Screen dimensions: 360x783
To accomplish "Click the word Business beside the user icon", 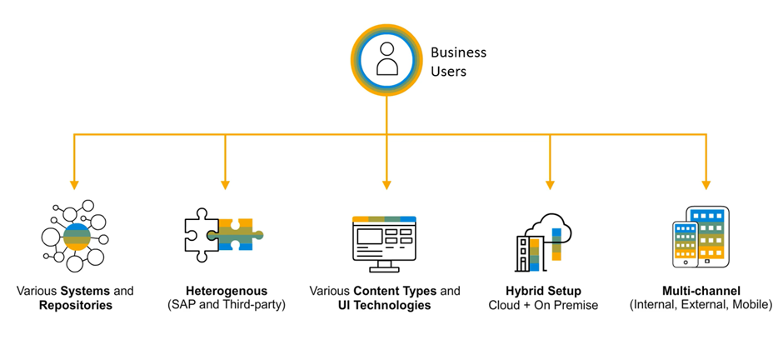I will tap(458, 52).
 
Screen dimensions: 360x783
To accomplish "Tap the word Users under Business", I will tap(448, 72).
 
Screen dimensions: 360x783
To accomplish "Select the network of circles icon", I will tap(74, 236).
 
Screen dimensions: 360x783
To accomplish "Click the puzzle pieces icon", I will tap(223, 234).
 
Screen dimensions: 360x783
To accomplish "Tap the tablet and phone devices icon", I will tap(701, 237).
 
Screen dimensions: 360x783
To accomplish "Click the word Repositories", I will tap(75, 306).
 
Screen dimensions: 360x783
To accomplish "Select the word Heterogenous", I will tap(226, 291).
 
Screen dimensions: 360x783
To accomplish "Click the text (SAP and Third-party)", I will tap(226, 306).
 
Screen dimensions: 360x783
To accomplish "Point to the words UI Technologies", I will tap(385, 306).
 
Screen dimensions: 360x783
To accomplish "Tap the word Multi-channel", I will tap(701, 291).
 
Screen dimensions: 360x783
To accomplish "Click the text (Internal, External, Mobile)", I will tap(701, 306).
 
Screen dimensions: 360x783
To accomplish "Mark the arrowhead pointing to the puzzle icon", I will tap(225, 184).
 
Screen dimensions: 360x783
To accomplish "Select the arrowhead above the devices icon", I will tap(706, 184).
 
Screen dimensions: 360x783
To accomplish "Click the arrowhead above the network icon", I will tap(74, 184).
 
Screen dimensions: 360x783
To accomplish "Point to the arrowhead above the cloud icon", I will tap(550, 184).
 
